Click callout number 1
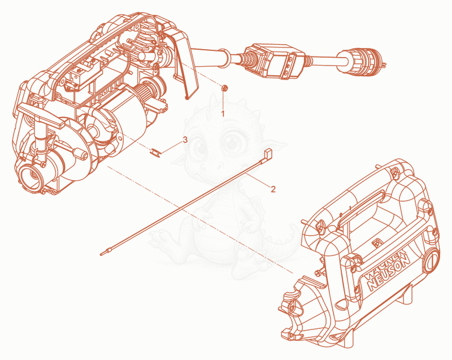point(223,114)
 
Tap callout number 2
point(273,189)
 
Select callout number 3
point(185,140)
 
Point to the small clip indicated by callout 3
point(156,152)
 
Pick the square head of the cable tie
point(268,152)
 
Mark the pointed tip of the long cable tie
point(102,254)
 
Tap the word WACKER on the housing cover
point(384,264)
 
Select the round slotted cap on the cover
point(431,261)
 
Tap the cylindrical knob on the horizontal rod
point(81,153)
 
